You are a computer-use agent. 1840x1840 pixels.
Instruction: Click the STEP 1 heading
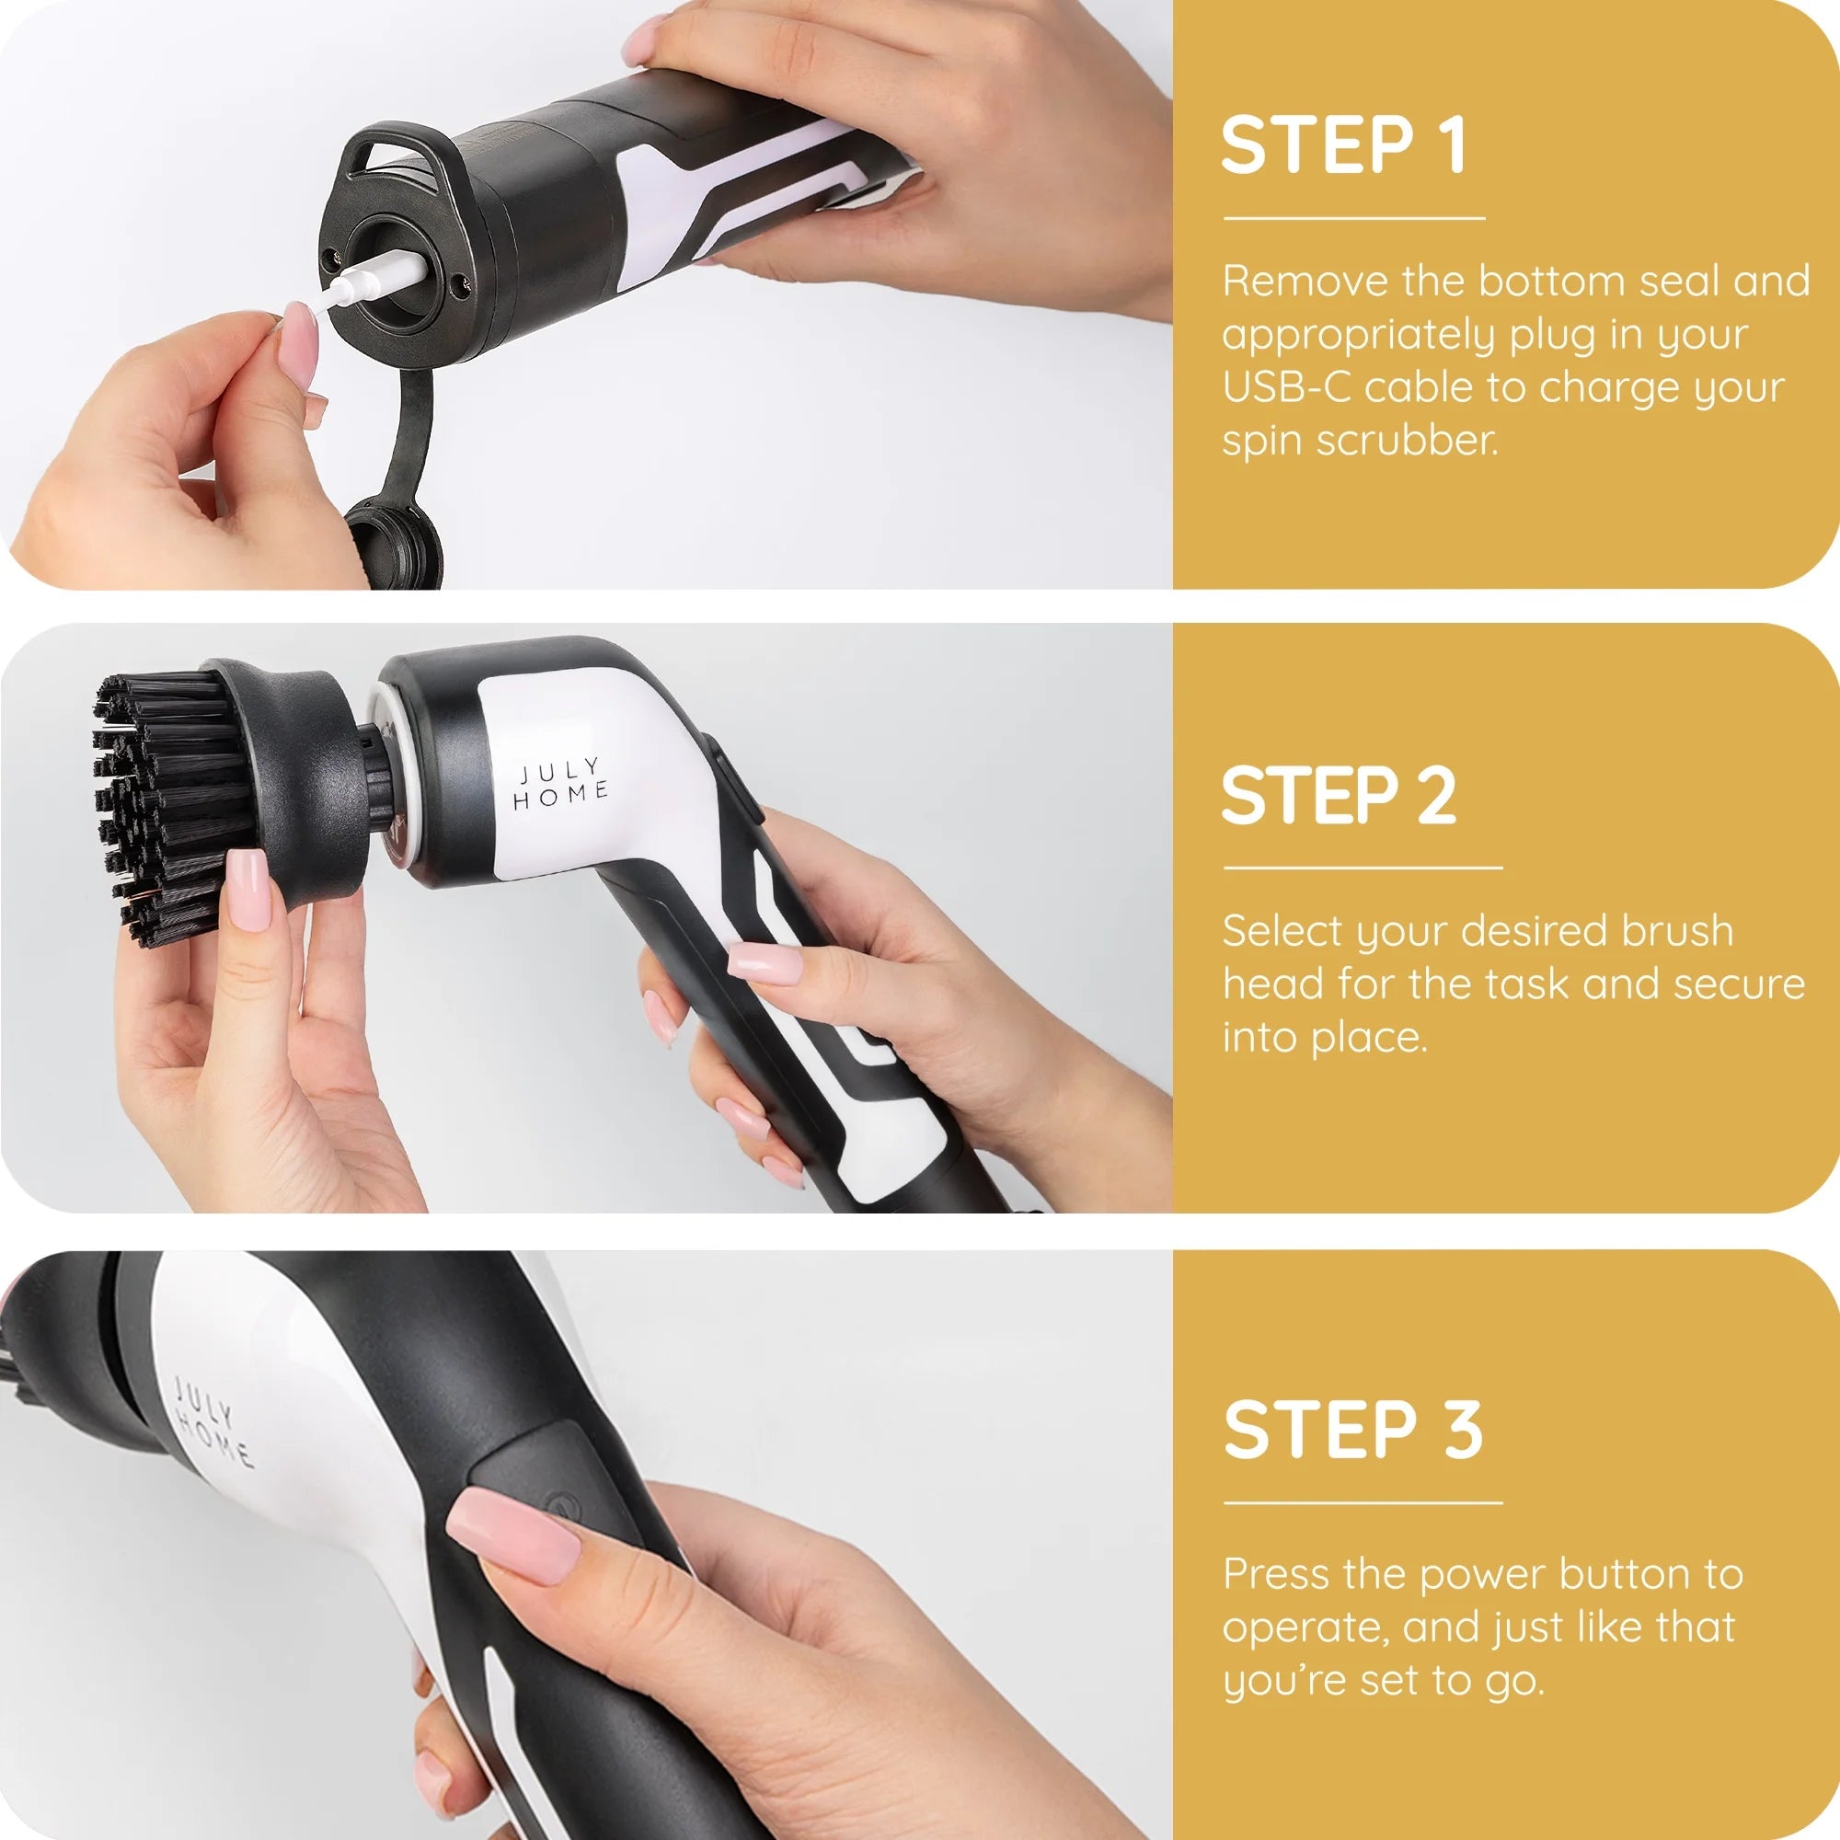pos(1342,145)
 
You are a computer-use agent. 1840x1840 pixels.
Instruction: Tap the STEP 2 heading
pos(1338,796)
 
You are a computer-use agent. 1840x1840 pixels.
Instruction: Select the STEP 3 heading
pos(1352,1430)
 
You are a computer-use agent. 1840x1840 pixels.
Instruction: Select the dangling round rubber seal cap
pos(394,544)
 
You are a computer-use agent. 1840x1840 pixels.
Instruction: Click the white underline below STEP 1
pos(1353,218)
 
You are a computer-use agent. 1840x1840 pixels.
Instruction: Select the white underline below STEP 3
pos(1362,1503)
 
